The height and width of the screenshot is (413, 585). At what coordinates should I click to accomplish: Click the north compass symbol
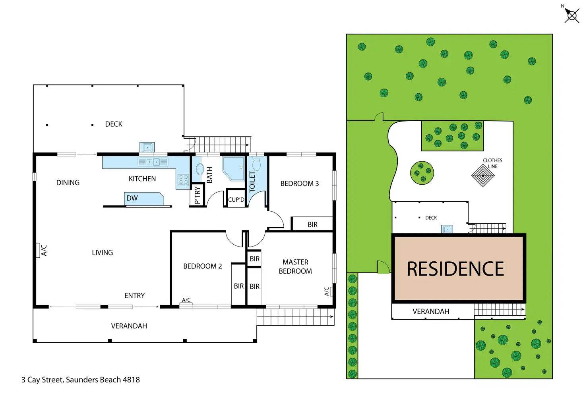tap(571, 15)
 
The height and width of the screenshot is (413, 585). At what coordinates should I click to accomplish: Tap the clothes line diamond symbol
tap(483, 176)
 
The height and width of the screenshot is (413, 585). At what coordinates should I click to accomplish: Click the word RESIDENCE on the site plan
tap(455, 269)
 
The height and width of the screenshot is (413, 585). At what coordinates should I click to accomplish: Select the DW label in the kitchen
tap(132, 198)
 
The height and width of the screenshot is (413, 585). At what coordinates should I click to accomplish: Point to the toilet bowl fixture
tap(256, 164)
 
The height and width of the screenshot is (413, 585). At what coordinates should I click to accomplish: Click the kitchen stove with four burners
tap(183, 180)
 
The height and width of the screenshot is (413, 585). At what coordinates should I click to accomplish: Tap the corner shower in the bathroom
tap(233, 168)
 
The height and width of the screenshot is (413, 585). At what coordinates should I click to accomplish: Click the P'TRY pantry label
tap(198, 195)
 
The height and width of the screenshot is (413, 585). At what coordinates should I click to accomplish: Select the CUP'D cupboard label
tap(236, 200)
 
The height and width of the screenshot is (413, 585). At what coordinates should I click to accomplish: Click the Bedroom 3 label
tap(299, 183)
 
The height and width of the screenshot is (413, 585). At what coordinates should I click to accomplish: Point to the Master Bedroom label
tap(295, 266)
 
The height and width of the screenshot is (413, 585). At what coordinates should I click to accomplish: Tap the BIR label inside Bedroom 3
tap(312, 225)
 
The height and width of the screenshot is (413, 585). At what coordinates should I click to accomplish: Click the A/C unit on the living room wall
tap(38, 250)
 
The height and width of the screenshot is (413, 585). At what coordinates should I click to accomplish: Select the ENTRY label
tap(134, 295)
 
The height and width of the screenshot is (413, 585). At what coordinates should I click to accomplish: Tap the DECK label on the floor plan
tap(114, 124)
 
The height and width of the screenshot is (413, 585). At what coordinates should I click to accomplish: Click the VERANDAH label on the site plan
tap(431, 312)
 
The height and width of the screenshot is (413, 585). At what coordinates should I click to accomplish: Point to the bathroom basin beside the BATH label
tap(200, 169)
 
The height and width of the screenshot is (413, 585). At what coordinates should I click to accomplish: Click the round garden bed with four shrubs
tap(422, 173)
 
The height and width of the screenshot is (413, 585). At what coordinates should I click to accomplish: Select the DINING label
tap(68, 183)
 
